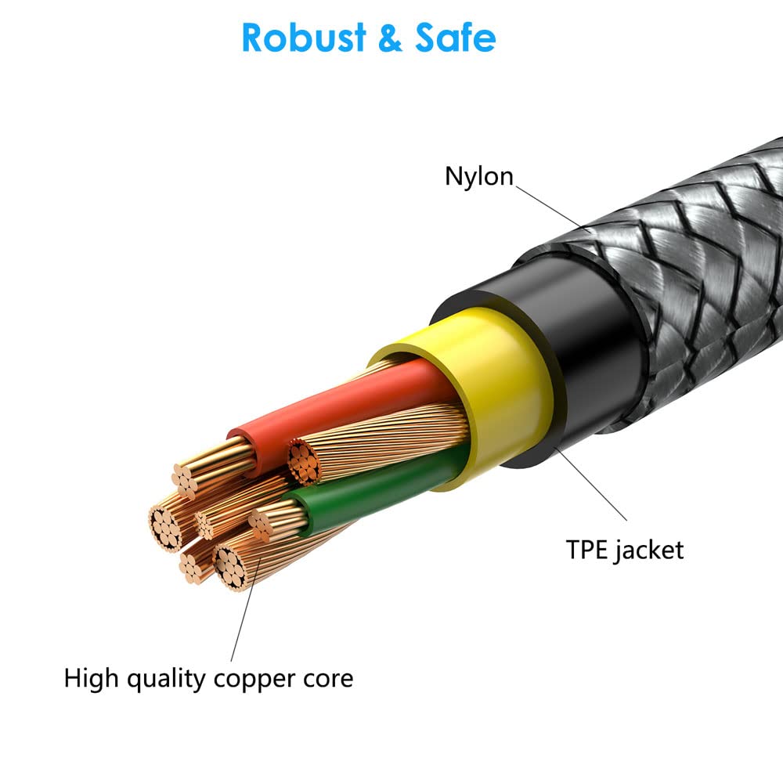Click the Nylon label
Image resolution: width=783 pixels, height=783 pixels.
(x=479, y=176)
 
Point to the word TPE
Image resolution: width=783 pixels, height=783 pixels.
(x=586, y=550)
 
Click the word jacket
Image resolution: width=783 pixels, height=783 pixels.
(x=649, y=550)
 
